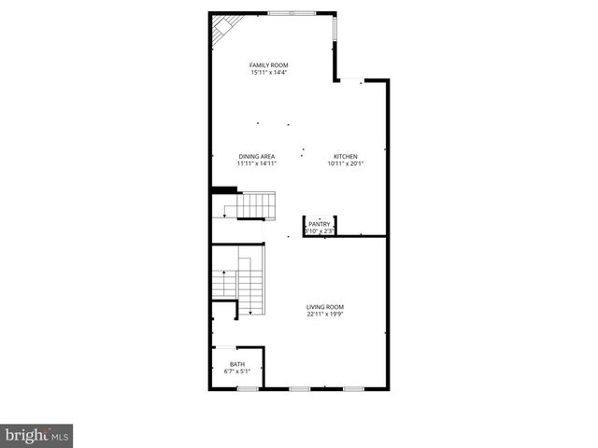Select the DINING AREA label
[256, 156]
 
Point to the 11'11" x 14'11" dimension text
[256, 164]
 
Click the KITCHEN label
[346, 156]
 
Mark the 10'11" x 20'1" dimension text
[346, 164]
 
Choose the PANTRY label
[320, 224]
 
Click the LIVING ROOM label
[326, 306]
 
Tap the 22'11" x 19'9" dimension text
[326, 315]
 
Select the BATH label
[238, 364]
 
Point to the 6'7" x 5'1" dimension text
[238, 371]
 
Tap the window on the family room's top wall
[291, 13]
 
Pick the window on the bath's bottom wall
[247, 387]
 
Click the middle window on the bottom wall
[299, 387]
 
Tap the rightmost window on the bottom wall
[352, 387]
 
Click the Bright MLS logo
[36, 435]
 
